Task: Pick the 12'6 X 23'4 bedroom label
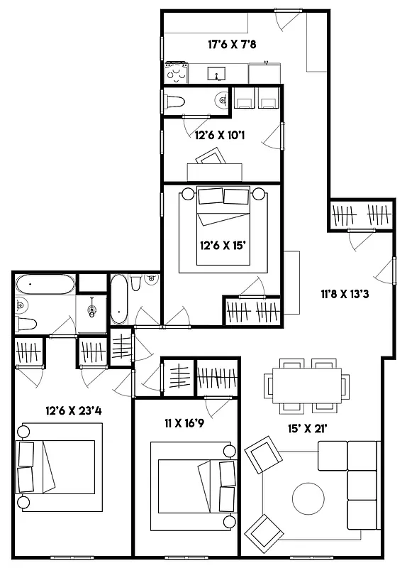[74, 410]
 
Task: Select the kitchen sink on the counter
[217, 72]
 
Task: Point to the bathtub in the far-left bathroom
[45, 285]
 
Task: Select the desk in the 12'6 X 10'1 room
[214, 171]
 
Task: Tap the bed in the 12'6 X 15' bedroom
[223, 227]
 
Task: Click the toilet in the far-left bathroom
[25, 324]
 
